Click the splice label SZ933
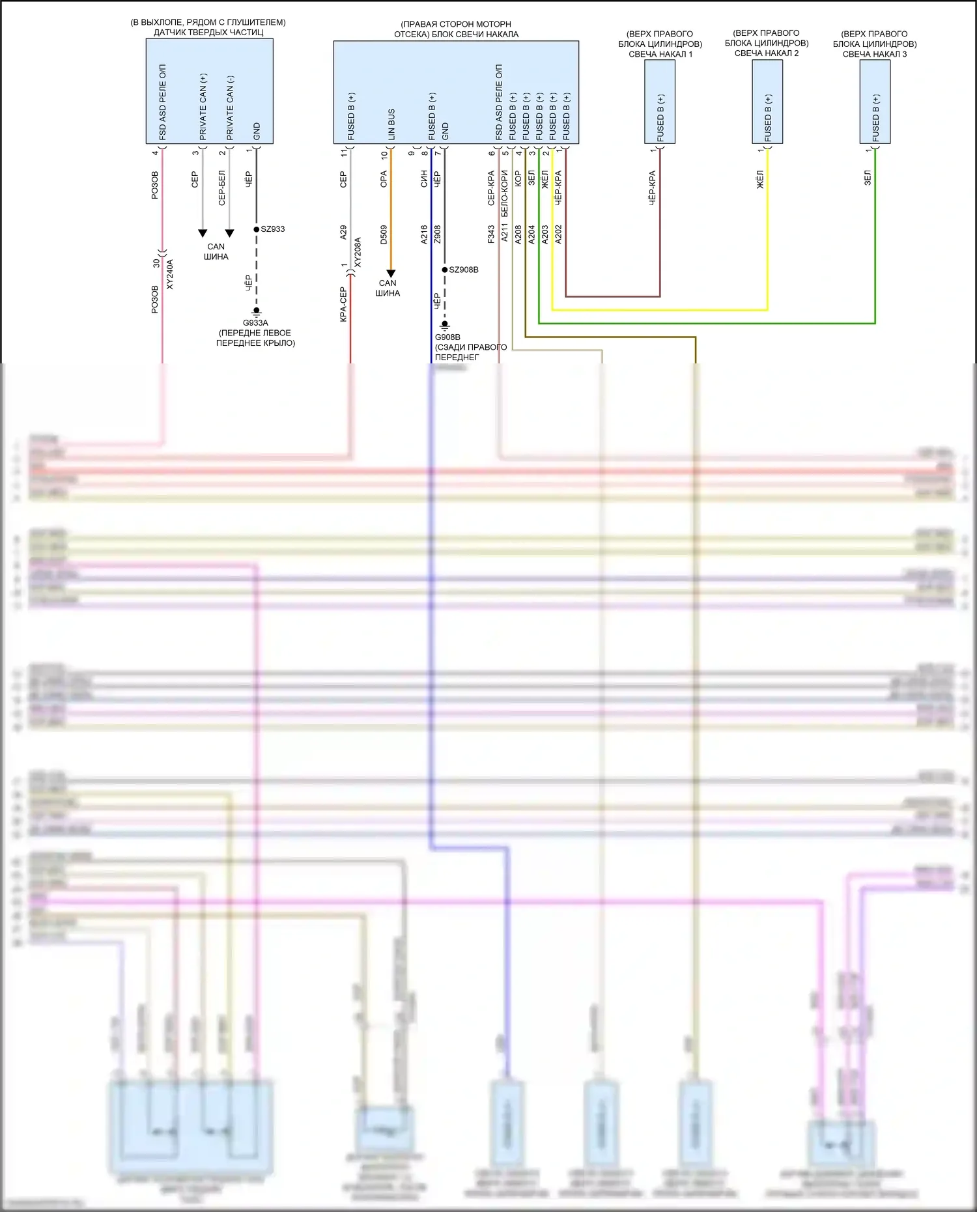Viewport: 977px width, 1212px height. (273, 229)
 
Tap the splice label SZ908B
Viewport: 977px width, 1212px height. (464, 270)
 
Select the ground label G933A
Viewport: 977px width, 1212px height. (255, 323)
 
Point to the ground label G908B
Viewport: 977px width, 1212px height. (447, 337)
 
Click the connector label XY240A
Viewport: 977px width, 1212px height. (170, 274)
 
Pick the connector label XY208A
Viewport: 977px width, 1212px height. (358, 253)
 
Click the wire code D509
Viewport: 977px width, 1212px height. (384, 234)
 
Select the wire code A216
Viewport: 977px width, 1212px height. (424, 234)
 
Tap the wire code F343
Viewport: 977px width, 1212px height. (491, 234)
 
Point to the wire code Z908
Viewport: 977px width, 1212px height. (438, 234)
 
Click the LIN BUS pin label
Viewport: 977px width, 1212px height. (391, 124)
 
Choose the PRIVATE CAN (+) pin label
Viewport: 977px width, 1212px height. (203, 107)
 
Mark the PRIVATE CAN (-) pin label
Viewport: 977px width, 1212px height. (230, 107)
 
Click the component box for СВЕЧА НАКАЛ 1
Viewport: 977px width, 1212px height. (660, 102)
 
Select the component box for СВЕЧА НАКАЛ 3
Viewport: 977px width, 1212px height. (875, 102)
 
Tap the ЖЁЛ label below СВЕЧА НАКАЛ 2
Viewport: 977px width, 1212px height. (760, 180)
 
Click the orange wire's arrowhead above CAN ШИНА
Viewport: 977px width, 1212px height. (391, 274)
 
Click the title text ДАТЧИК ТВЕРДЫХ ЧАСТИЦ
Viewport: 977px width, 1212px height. (208, 33)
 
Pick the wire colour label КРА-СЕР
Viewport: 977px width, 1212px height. (343, 305)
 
